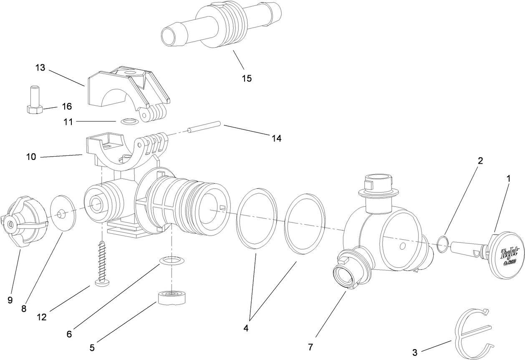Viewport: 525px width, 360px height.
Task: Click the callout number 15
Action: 247,79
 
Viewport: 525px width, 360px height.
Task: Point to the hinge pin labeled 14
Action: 204,127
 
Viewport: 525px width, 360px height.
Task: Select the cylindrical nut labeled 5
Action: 172,298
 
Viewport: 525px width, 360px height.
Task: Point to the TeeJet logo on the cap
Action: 504,255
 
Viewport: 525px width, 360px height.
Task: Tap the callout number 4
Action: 246,328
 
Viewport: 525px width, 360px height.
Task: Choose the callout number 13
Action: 40,68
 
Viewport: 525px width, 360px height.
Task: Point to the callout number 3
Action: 414,352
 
